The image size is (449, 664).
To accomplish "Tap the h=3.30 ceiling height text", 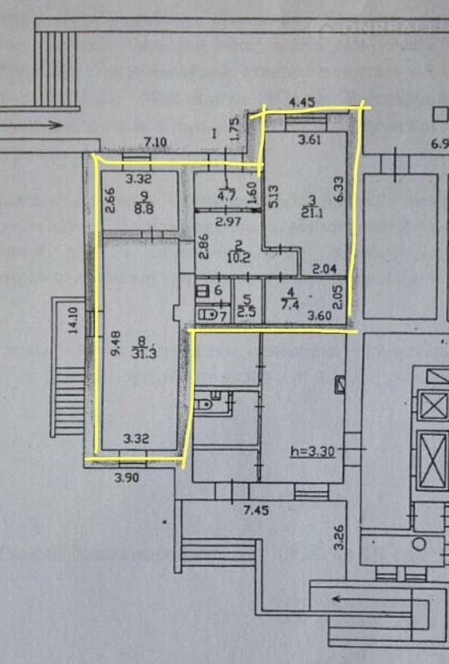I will tap(311, 450).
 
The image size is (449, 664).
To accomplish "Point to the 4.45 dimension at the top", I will tap(302, 102).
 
